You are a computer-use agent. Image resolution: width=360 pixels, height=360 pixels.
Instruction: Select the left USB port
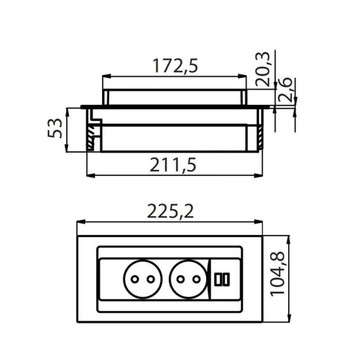tap(217, 279)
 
